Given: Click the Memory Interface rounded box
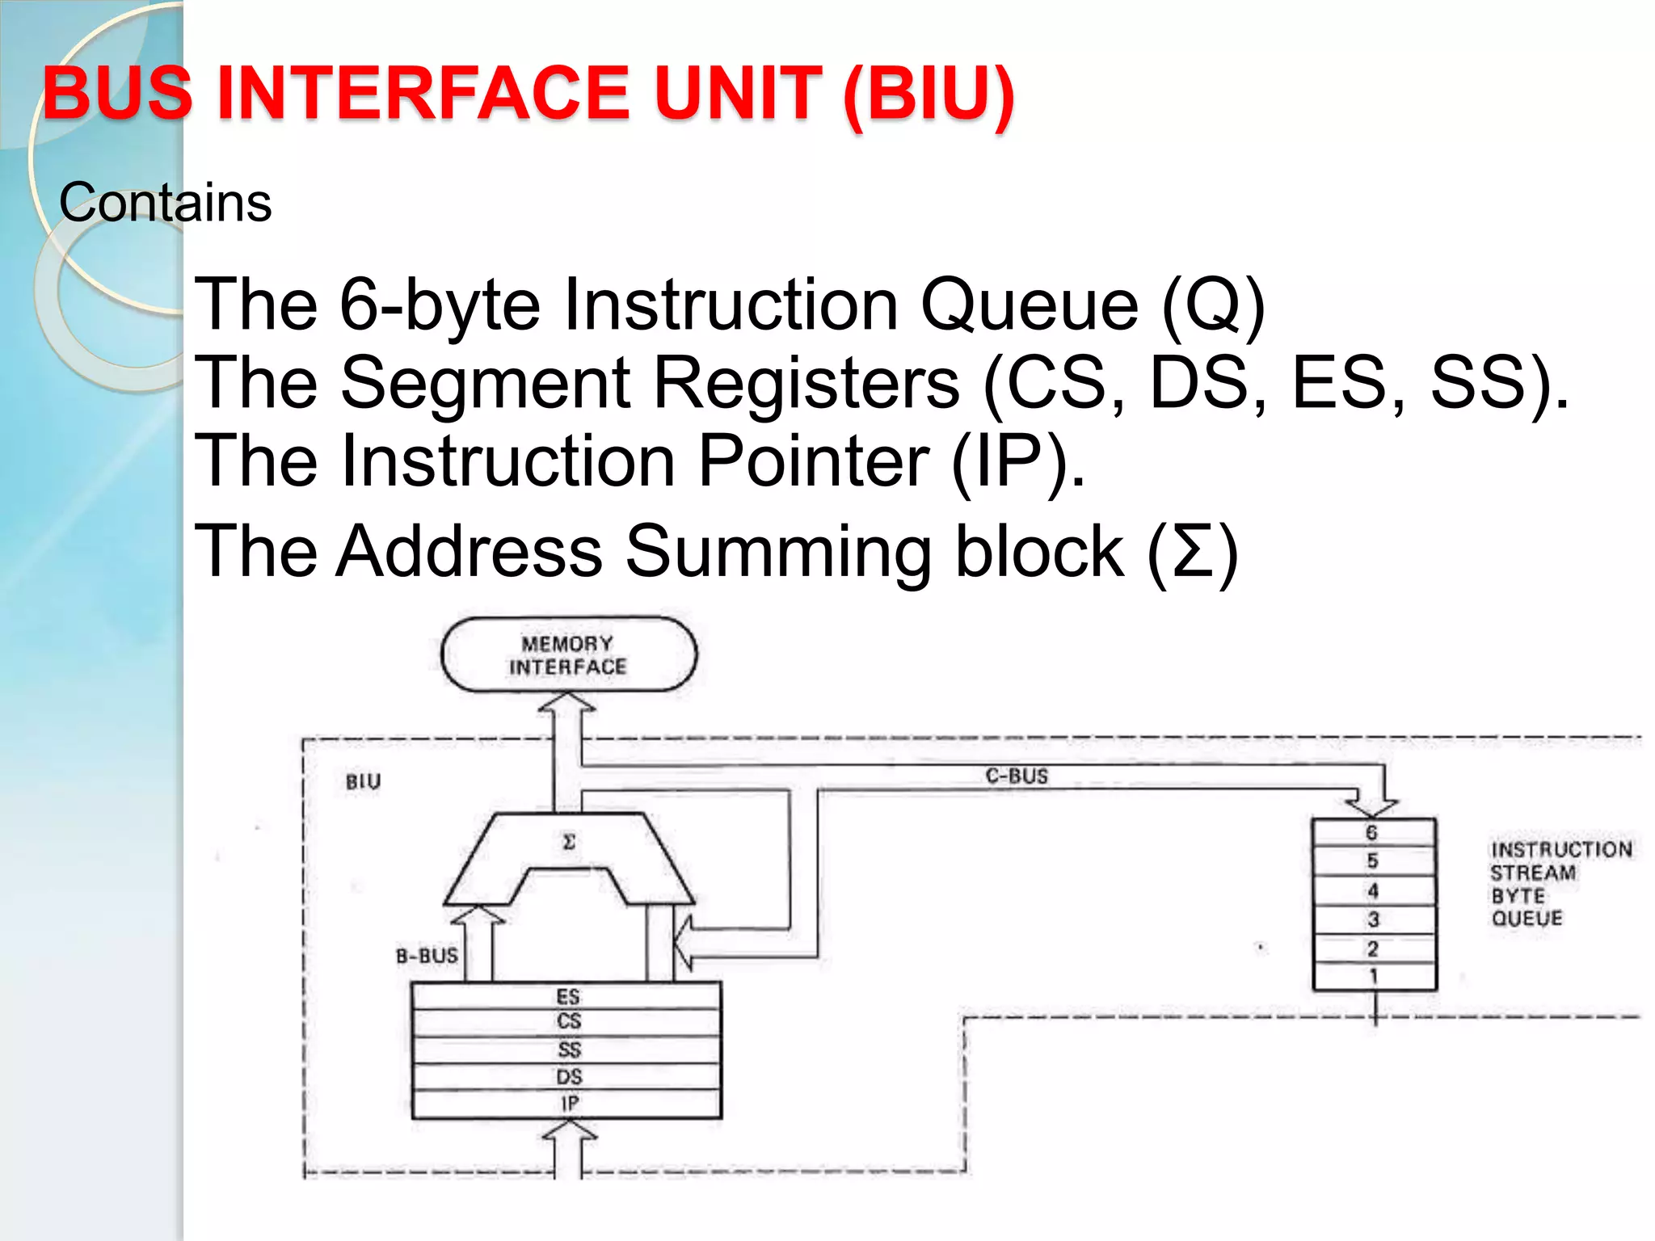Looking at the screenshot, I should [568, 654].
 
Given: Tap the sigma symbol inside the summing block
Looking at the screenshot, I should [568, 842].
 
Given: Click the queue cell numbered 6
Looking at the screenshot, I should [1373, 832].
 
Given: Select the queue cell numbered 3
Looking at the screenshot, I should [1373, 919].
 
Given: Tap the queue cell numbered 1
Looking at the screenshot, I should [1373, 976].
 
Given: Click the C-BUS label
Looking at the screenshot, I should [1016, 776].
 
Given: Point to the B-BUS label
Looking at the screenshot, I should [427, 956].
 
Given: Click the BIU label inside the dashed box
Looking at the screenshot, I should [363, 781].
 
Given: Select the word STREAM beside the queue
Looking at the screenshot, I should [1532, 873].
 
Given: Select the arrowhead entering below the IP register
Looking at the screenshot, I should [568, 1135].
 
